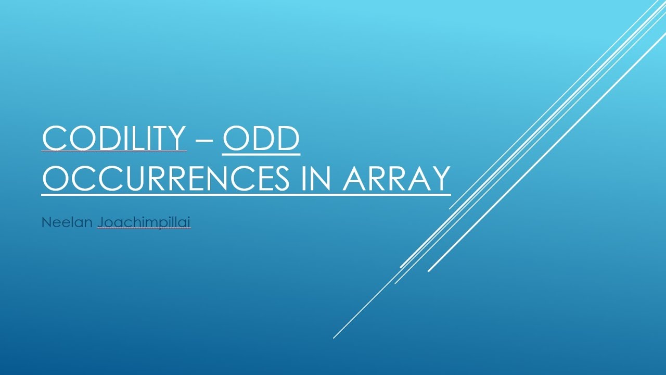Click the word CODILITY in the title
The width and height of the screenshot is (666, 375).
(113, 139)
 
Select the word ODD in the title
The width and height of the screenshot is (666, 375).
(261, 139)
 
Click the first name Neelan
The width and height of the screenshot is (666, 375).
(67, 222)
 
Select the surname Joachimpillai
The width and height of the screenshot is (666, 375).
(144, 222)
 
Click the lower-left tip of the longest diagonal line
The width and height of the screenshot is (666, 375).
(334, 338)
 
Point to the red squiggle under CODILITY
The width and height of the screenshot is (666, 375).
(113, 152)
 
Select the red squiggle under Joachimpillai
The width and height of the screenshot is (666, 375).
(144, 229)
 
